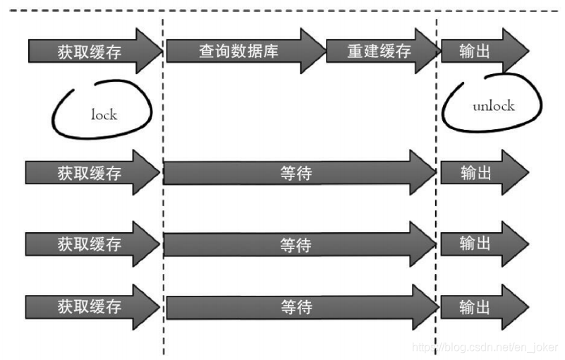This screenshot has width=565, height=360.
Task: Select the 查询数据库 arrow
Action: (240, 52)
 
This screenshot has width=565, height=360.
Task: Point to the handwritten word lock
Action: (104, 114)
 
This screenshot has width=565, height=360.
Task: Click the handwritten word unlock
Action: (493, 107)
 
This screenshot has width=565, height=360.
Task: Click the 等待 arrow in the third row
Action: (296, 245)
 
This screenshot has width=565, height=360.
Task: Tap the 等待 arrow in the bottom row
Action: (296, 308)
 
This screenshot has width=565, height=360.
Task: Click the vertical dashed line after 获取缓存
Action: (164, 212)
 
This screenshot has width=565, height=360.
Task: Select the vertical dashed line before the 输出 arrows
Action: (437, 212)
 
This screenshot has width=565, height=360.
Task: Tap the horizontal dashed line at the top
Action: (282, 11)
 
